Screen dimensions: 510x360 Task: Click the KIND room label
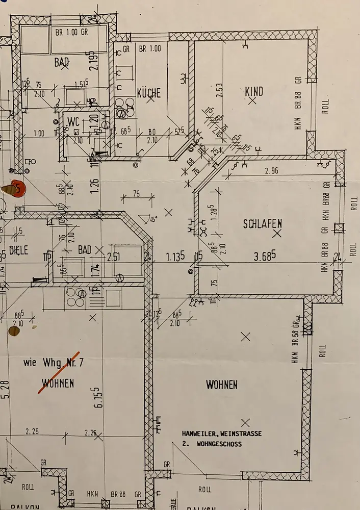pyautogui.click(x=254, y=92)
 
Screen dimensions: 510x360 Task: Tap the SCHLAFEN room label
pyautogui.click(x=263, y=223)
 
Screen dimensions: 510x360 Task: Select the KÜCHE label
pyautogui.click(x=149, y=93)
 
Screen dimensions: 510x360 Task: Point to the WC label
pyautogui.click(x=73, y=122)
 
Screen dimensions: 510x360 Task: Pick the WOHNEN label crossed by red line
pyautogui.click(x=58, y=383)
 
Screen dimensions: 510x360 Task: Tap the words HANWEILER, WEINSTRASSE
pyautogui.click(x=222, y=433)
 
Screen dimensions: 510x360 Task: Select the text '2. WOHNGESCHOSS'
pyautogui.click(x=212, y=444)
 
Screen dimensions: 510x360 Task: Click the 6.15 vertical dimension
pyautogui.click(x=99, y=396)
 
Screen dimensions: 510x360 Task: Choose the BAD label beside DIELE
pyautogui.click(x=85, y=249)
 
